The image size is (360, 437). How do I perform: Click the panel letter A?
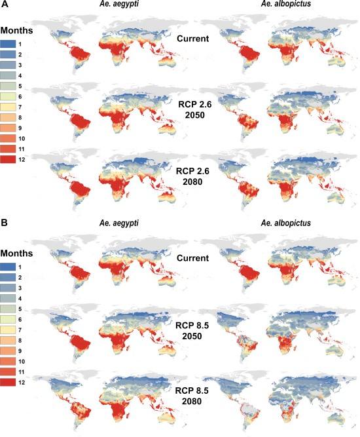[5, 6]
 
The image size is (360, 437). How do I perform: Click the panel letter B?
[5, 224]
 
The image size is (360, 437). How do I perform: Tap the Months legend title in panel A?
[18, 30]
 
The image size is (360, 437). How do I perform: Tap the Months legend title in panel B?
[18, 250]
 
